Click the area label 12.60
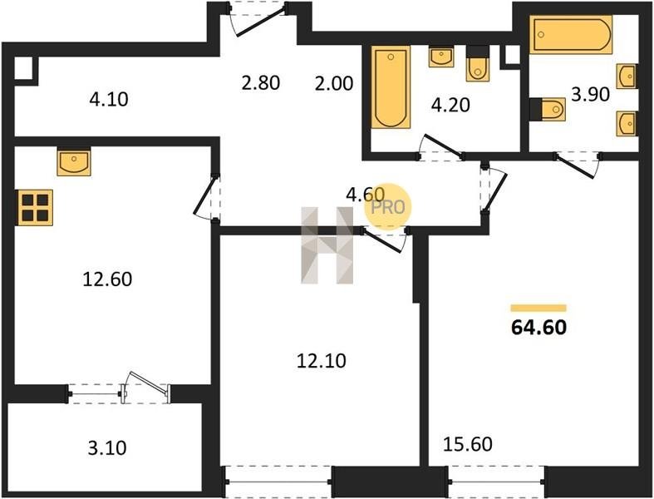[x=107, y=279]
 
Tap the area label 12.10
[x=321, y=360]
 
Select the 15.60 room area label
[x=468, y=444]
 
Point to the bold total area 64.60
[x=538, y=328]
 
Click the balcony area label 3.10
[x=107, y=448]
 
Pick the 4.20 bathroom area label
[x=450, y=105]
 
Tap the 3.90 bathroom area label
[x=590, y=94]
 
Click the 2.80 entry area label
[x=261, y=82]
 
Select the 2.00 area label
[x=334, y=83]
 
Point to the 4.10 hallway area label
[x=109, y=99]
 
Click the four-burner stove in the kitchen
[x=35, y=208]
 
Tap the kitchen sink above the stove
[x=74, y=161]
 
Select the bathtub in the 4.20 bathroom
[x=391, y=86]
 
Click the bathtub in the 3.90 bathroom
[x=571, y=35]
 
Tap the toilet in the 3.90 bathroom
[x=548, y=110]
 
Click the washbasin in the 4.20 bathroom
[x=441, y=57]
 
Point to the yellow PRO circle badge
[x=388, y=207]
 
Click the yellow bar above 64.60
[x=538, y=309]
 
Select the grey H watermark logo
[x=327, y=245]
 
